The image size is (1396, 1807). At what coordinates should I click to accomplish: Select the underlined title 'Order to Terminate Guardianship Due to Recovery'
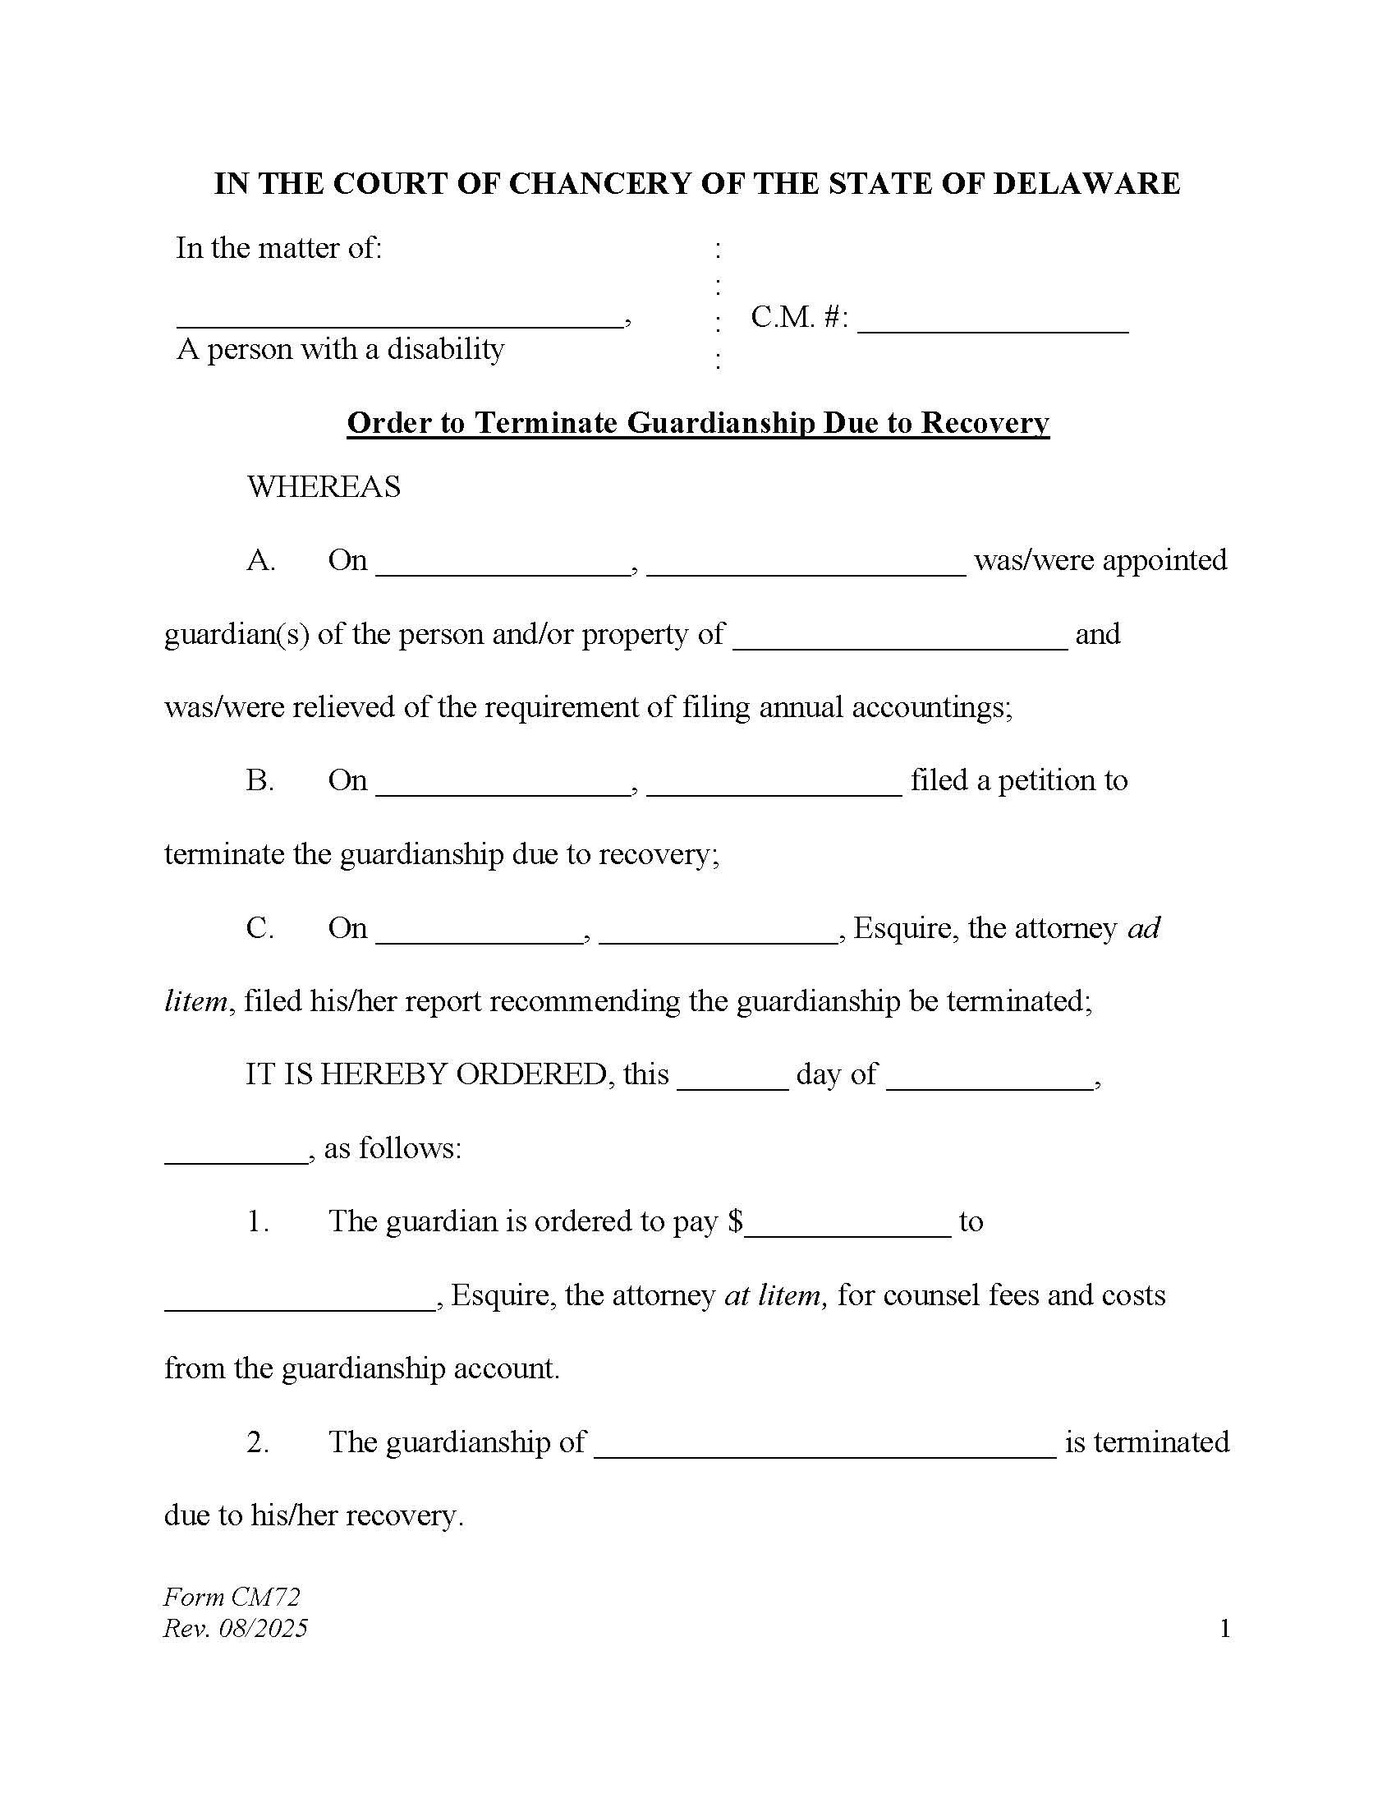click(697, 423)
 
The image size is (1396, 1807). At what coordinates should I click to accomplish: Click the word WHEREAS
click(324, 486)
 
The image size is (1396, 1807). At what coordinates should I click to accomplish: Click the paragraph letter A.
click(260, 560)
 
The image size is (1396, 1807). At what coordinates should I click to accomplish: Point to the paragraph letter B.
click(259, 780)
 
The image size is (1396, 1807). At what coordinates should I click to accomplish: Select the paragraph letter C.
click(259, 927)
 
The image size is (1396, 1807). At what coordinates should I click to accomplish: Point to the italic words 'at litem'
click(773, 1294)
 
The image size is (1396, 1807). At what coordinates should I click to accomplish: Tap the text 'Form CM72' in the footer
click(232, 1596)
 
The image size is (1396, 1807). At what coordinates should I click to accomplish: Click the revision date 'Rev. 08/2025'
click(236, 1628)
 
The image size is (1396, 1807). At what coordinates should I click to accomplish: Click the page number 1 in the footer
click(1224, 1629)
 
